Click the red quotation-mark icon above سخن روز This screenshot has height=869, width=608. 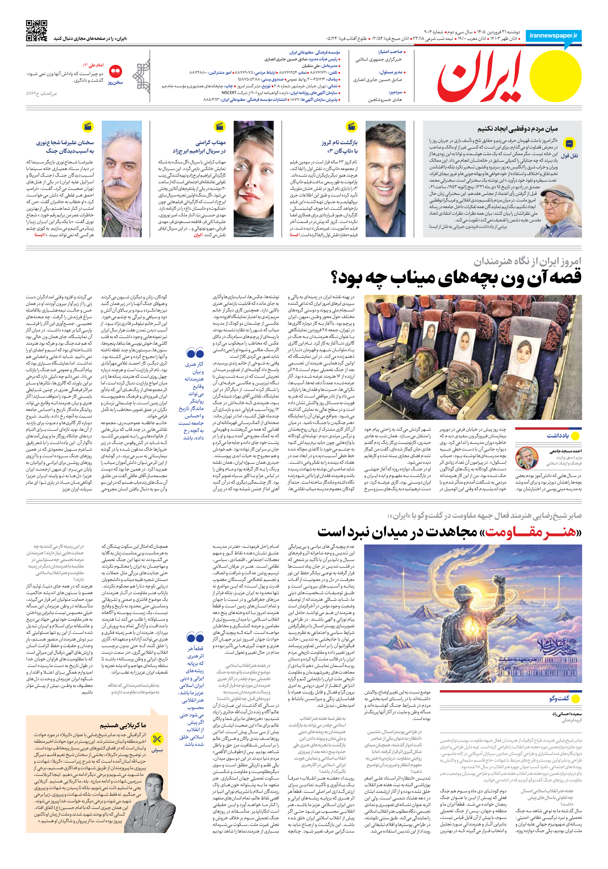(x=115, y=71)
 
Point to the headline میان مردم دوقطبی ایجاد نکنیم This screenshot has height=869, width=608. (x=517, y=129)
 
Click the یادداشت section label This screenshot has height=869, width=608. (x=557, y=436)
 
